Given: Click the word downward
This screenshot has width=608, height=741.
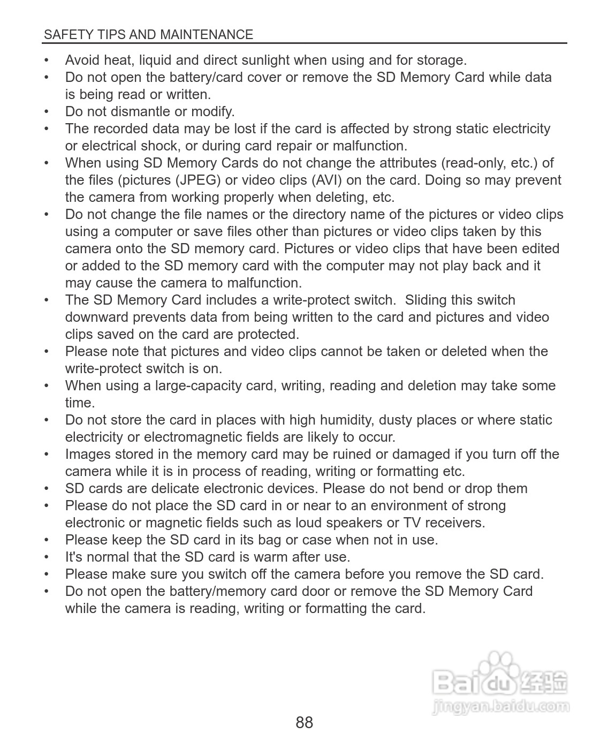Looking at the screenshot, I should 97,317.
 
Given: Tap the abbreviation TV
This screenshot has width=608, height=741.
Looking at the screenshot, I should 412,523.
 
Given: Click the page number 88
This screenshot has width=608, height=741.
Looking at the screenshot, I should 304,722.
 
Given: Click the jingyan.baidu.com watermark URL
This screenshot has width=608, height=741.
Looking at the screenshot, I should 500,706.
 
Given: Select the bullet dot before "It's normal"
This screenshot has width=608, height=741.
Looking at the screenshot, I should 47,557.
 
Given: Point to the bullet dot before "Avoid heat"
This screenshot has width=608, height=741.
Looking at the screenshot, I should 47,61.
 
